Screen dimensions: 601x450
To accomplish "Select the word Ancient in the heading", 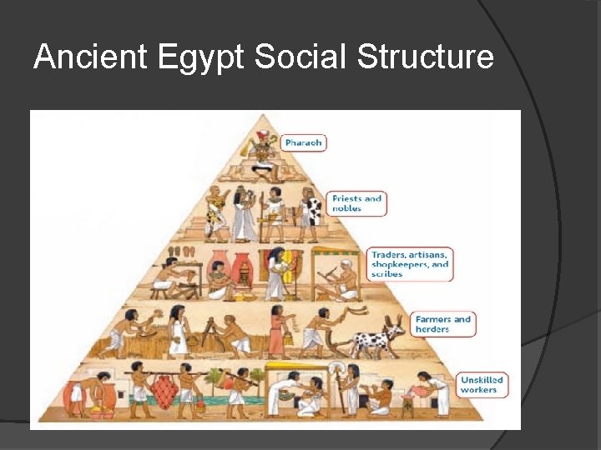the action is (90, 57).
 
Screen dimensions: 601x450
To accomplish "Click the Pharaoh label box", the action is (303, 142).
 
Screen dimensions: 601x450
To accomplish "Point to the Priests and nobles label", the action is (357, 203).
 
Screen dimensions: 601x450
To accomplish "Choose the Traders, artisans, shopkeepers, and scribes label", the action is (410, 263).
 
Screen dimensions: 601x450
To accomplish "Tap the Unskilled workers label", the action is (482, 385).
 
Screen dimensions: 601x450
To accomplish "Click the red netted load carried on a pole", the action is (166, 391).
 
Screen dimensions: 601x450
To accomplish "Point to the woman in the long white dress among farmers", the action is (177, 331).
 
